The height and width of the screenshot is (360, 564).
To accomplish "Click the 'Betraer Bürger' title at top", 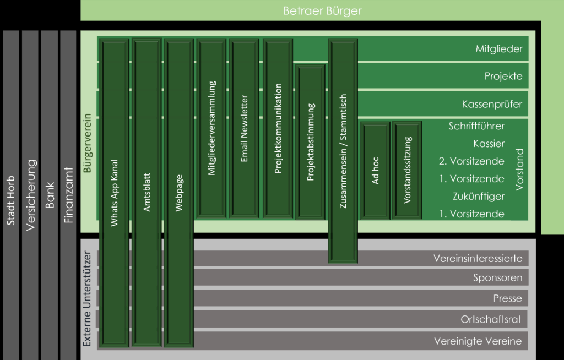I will (x=322, y=10).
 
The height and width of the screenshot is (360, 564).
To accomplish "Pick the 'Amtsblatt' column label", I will (x=147, y=193).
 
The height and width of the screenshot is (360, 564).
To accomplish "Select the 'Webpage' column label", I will (x=178, y=193).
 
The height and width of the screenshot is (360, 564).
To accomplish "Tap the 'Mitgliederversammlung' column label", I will (x=212, y=128).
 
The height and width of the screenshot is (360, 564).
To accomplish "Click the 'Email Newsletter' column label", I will (x=245, y=128).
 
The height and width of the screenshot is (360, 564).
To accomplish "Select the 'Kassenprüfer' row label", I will (x=492, y=104).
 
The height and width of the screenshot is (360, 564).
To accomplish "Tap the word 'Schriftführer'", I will (x=476, y=126).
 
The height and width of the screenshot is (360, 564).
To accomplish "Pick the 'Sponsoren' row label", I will (x=497, y=278).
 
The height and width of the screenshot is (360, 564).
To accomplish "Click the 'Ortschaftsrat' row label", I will (x=491, y=319).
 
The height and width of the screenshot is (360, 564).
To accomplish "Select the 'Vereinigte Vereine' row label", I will (x=478, y=341).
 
